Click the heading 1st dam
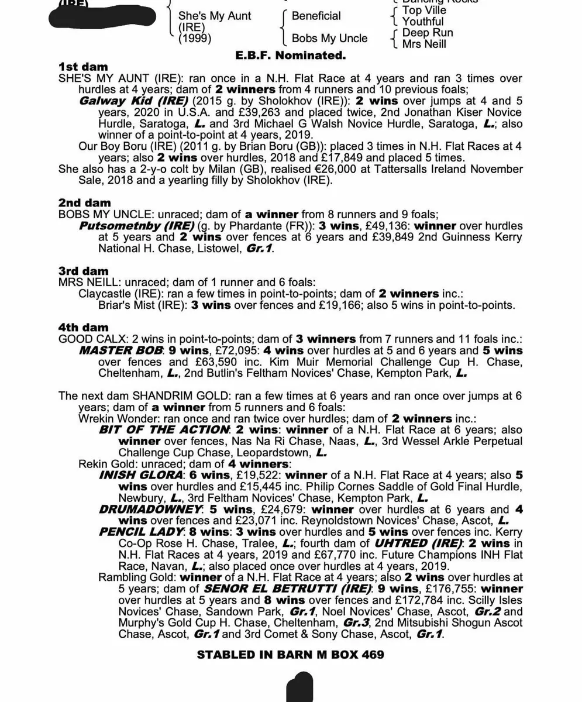(x=83, y=67)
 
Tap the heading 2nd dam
(x=84, y=203)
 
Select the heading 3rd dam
(x=83, y=271)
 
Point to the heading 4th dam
(x=83, y=328)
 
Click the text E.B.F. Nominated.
(x=290, y=56)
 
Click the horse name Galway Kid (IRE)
(x=125, y=101)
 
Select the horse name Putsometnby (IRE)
(x=136, y=226)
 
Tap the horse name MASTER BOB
(x=120, y=350)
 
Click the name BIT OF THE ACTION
(x=164, y=430)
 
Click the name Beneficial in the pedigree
(x=316, y=16)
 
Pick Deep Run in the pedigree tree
(x=427, y=33)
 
